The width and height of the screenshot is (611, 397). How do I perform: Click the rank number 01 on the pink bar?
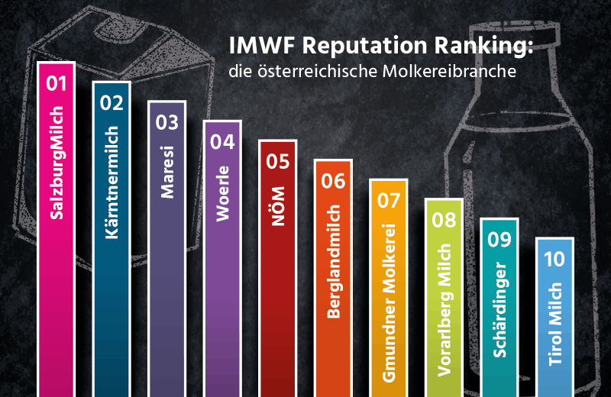57,83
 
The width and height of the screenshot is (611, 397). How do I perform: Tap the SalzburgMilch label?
57,163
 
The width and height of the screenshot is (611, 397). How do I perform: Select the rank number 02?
112,102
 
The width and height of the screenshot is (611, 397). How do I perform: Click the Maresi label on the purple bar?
166,172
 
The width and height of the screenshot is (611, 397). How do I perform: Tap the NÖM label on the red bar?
276,207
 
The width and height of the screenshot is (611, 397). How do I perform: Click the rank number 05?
276,161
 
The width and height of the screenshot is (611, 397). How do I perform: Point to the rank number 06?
332,181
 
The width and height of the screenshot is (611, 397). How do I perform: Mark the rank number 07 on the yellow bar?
387,201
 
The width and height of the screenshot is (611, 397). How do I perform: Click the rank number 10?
553,259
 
